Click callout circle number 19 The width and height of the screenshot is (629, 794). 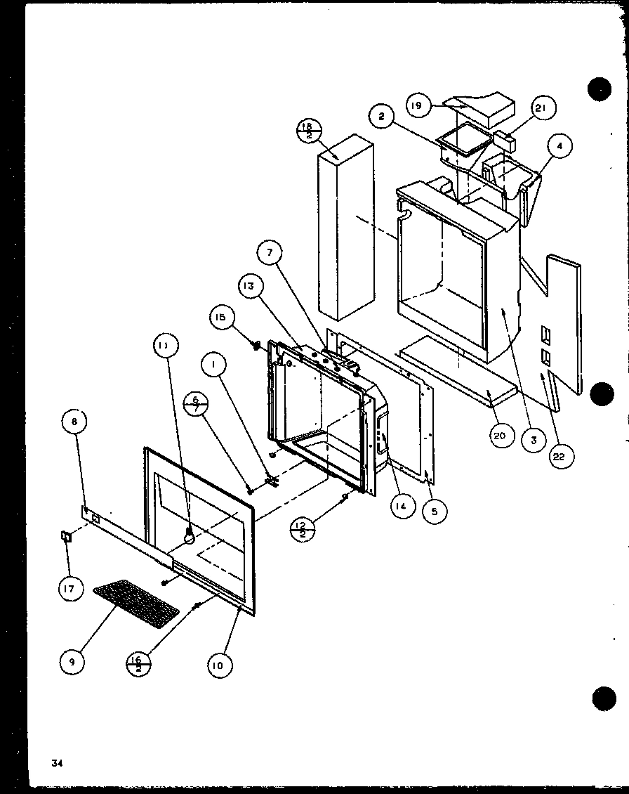417,105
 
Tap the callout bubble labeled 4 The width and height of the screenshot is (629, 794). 560,146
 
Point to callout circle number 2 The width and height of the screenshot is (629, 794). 380,117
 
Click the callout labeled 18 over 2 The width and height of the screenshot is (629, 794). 307,130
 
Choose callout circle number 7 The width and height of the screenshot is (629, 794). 270,252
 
